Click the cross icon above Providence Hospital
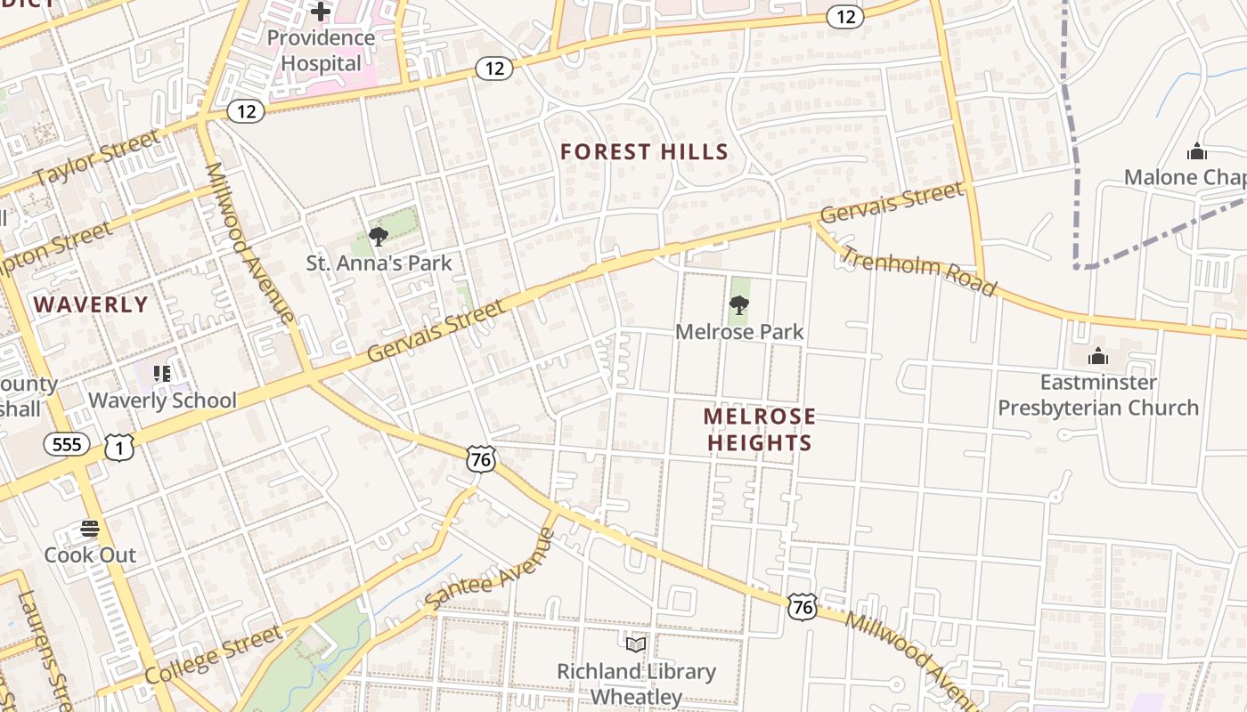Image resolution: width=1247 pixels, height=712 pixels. coord(321,12)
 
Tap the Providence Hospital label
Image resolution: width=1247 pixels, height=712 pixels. coord(321,51)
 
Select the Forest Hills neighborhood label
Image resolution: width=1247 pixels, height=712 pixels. coord(644,152)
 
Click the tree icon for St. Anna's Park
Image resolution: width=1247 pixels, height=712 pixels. coord(379,237)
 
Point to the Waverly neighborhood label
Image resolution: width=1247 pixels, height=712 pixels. coord(91,304)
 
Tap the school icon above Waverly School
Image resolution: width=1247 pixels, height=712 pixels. coord(161,373)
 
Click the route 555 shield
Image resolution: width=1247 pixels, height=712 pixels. coord(67,444)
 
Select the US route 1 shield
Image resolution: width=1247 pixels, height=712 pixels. coord(118,448)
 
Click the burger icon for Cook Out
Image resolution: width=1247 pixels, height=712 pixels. coord(90,529)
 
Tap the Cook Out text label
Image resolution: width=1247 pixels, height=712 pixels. coord(90,555)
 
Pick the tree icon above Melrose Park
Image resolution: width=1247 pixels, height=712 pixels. coord(738,305)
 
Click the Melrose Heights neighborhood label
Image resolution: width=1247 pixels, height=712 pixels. coord(759,429)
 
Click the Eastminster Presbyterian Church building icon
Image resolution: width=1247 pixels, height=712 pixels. coord(1098,356)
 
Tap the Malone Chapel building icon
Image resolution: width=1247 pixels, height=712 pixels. coord(1196,150)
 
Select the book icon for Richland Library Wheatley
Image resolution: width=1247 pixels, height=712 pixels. coord(636,644)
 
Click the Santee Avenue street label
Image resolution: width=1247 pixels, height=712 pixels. coord(490,570)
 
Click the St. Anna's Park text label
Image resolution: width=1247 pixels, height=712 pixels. coord(379,263)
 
